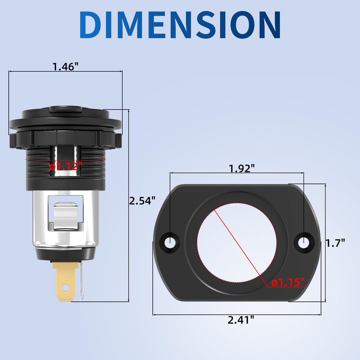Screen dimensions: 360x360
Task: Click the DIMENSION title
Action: click(180, 25)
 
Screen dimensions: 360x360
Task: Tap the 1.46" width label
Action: click(65, 67)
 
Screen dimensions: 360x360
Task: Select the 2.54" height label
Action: click(142, 201)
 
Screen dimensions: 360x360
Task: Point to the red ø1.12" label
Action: click(66, 166)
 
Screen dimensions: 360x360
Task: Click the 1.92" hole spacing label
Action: click(242, 169)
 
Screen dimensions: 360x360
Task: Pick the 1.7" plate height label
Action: click(335, 243)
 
